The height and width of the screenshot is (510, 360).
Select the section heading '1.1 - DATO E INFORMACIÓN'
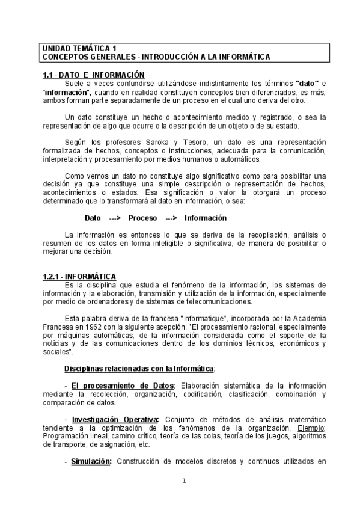[94, 74]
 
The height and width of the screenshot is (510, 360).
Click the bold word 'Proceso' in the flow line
[142, 218]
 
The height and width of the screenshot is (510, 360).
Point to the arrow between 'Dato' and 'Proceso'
[115, 218]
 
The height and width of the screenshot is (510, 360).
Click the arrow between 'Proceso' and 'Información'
[171, 218]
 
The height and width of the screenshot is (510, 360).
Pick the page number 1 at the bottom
[184, 481]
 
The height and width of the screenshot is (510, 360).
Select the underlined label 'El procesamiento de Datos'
[122, 386]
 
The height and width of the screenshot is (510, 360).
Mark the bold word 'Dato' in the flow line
[93, 218]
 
